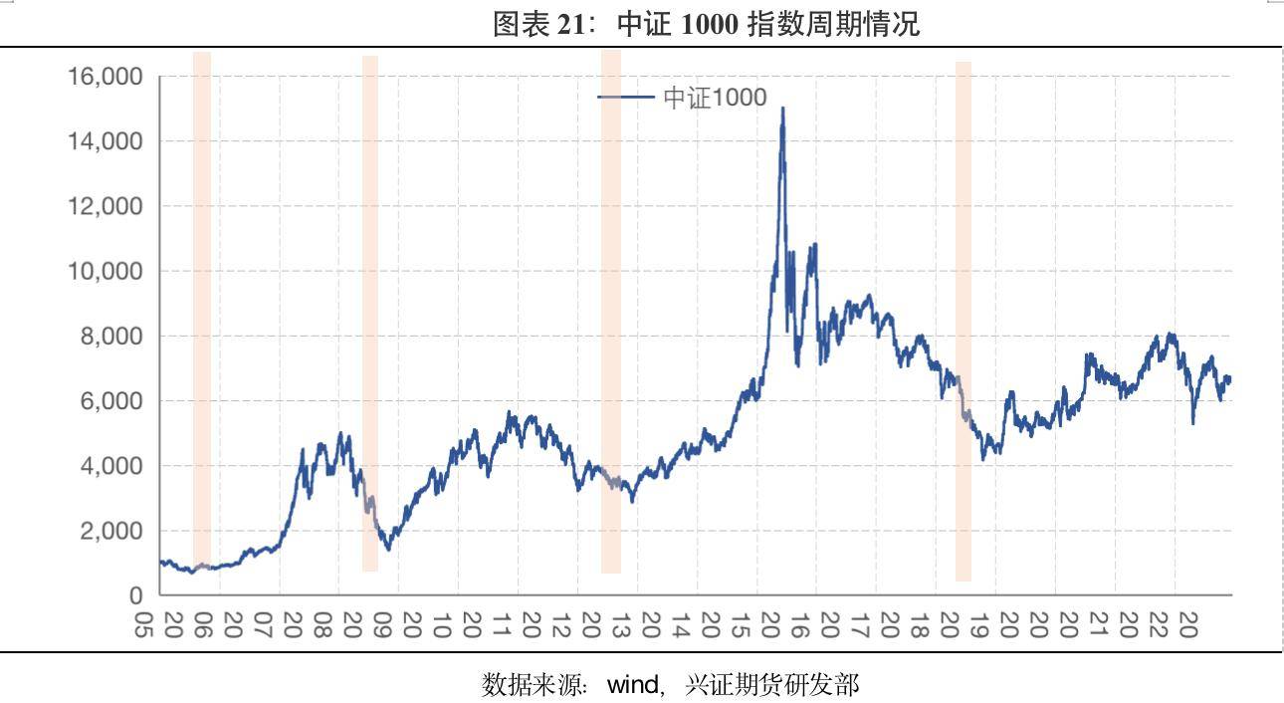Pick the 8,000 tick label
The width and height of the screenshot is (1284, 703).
click(x=110, y=337)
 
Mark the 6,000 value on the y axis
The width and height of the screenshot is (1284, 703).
click(x=110, y=401)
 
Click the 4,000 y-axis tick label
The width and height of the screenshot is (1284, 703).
click(x=110, y=466)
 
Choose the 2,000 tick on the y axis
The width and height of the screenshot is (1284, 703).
click(x=110, y=531)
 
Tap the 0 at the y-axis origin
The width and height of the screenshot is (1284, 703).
click(x=136, y=595)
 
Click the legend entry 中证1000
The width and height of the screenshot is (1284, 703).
click(x=715, y=97)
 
